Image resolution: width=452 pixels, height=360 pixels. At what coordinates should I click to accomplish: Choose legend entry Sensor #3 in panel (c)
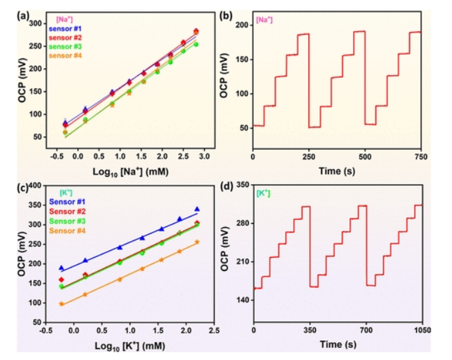(x=70, y=220)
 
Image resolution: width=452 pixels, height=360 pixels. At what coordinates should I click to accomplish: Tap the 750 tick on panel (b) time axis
(x=420, y=155)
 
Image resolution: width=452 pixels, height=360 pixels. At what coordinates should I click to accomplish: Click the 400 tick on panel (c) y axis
(x=40, y=186)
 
